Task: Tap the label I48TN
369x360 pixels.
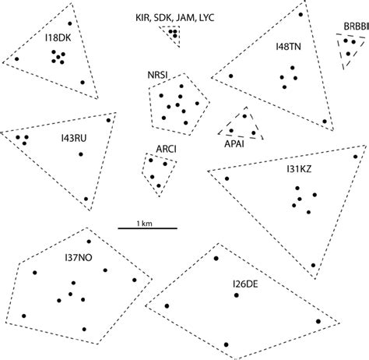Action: click(287, 47)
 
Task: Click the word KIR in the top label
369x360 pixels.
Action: click(142, 16)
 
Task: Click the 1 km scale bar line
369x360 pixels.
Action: click(147, 228)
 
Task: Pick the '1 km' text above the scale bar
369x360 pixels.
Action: click(147, 221)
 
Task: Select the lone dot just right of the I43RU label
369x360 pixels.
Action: click(80, 154)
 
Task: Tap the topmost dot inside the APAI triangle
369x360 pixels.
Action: click(244, 116)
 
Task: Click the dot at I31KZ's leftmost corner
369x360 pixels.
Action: click(227, 178)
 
